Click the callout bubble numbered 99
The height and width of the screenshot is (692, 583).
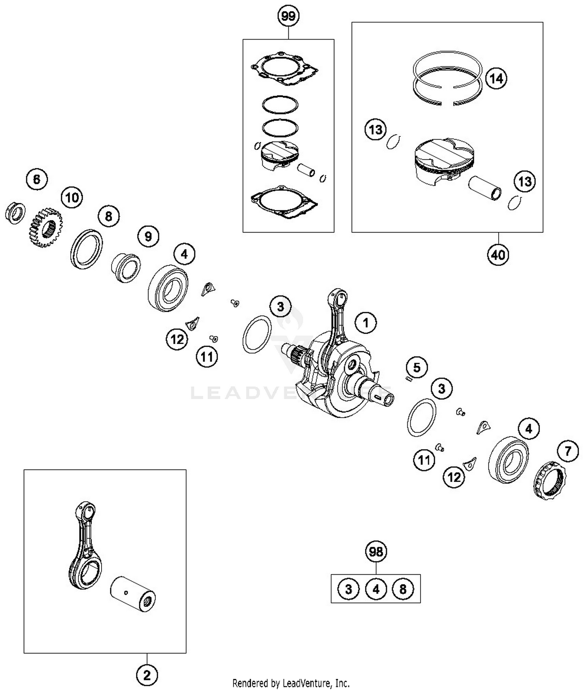point(288,16)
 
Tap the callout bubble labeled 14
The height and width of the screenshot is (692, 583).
point(496,79)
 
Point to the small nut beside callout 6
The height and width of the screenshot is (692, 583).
point(15,213)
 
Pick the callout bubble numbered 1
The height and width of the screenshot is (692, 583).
point(365,323)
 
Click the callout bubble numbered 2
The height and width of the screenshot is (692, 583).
point(147,676)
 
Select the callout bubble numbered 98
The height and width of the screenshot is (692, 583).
point(376,552)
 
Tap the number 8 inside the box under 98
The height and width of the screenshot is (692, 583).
point(403,589)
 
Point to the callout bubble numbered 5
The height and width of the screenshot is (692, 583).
point(417,367)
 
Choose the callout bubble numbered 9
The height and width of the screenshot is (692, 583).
point(148,236)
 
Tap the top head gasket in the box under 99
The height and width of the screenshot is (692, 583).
point(285,70)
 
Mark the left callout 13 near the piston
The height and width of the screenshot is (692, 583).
point(375,129)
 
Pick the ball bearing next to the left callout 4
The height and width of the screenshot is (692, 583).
point(168,289)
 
